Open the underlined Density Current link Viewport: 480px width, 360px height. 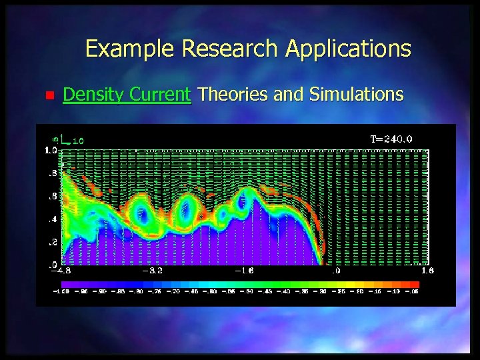[127, 95]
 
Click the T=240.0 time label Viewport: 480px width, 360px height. [391, 139]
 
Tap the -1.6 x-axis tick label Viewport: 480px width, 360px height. [243, 271]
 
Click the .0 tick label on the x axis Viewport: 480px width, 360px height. [337, 271]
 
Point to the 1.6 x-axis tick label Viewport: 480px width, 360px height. [427, 271]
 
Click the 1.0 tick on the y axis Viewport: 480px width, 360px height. [50, 151]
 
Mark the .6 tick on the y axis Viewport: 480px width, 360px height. [51, 196]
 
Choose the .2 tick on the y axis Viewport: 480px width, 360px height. [51, 242]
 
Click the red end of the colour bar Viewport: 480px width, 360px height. [413, 284]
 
